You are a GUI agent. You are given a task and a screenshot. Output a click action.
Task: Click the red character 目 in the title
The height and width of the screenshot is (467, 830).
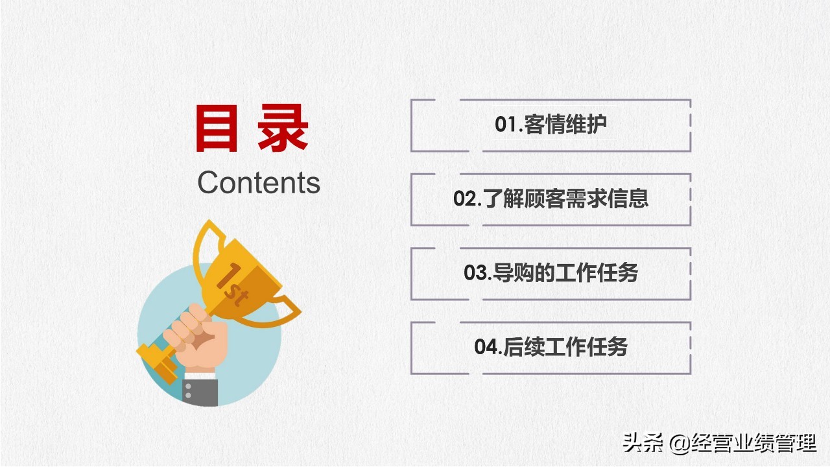217,130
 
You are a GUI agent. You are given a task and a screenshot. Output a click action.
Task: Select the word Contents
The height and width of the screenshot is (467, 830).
259,183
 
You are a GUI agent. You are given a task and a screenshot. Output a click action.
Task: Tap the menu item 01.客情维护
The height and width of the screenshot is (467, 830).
551,125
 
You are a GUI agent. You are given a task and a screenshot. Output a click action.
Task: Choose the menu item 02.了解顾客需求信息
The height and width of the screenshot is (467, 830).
551,199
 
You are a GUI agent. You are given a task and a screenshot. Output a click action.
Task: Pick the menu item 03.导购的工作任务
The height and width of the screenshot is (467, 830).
551,273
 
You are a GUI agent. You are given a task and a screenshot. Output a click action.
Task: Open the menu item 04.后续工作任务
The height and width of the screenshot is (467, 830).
551,347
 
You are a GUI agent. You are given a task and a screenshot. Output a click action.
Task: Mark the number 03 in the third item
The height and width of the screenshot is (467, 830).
475,273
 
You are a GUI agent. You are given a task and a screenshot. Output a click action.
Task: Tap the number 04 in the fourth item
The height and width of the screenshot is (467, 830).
486,347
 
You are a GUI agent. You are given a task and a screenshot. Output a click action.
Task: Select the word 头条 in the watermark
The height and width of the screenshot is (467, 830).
643,444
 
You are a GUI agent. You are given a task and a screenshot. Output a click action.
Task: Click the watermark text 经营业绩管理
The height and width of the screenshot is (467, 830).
755,444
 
